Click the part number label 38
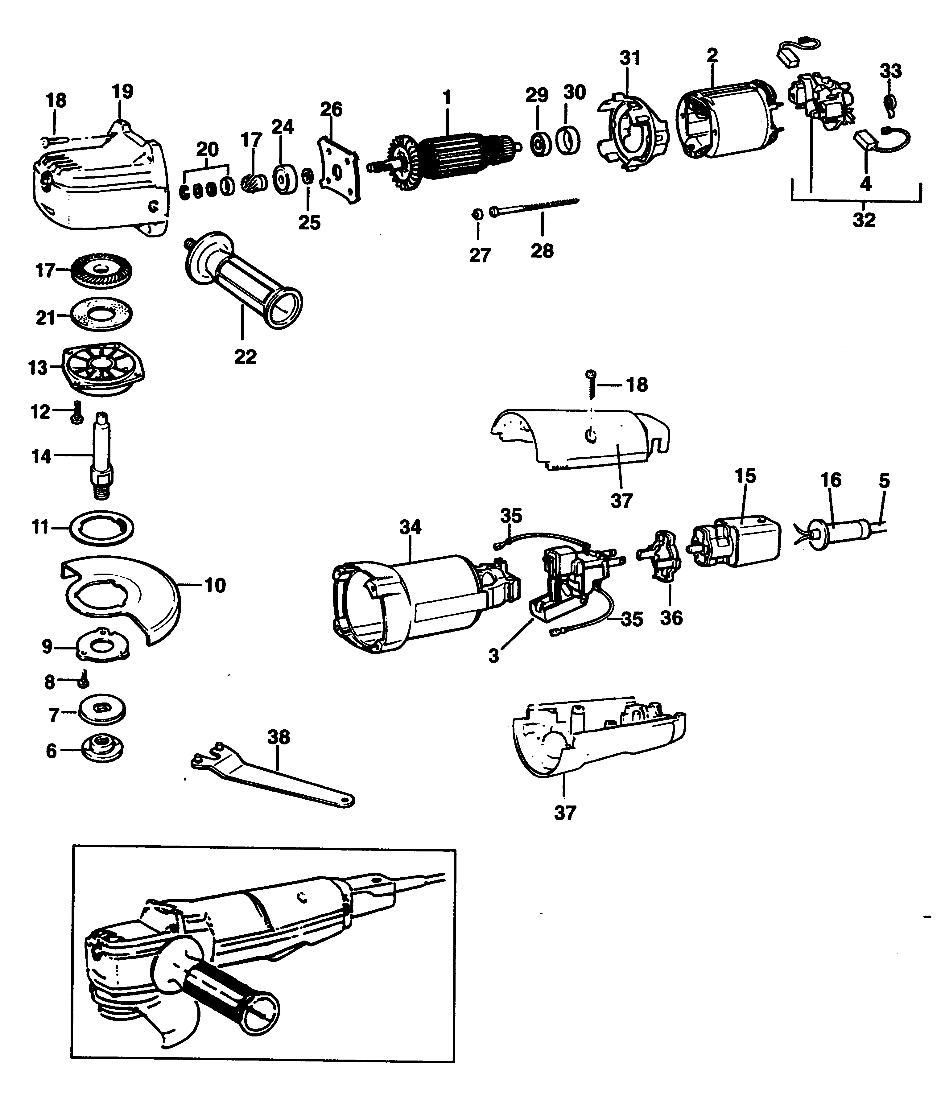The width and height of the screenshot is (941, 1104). click(278, 737)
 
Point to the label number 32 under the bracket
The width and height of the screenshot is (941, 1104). click(863, 220)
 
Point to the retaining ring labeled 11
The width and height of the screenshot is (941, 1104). click(101, 528)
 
